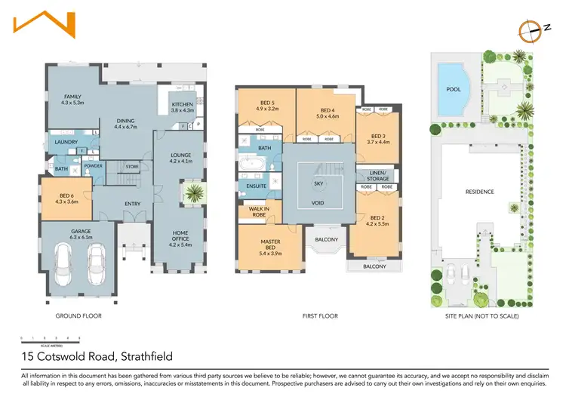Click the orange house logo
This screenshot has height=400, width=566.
coord(44,23)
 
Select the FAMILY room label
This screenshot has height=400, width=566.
coord(72,97)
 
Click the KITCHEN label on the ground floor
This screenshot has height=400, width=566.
coord(183,104)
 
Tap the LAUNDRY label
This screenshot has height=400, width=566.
coord(67,142)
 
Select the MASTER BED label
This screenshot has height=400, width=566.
coord(269,243)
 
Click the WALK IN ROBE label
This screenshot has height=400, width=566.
coord(252,211)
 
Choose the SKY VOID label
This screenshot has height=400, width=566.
coord(318,193)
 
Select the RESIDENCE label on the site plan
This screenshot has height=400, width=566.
coord(479,192)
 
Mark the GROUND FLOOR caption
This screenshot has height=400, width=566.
coord(78,315)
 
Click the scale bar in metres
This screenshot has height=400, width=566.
coord(46,337)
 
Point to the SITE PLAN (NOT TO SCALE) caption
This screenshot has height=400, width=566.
coord(481,315)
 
